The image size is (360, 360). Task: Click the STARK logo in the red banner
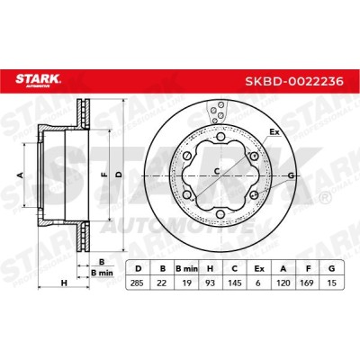(x=38, y=81)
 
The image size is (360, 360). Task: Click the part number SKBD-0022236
(x=294, y=81)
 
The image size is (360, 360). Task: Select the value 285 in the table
(x=138, y=283)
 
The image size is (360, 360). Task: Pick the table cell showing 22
(x=162, y=283)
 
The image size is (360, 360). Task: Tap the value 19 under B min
(x=186, y=283)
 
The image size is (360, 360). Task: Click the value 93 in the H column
(x=211, y=283)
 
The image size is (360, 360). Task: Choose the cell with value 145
(x=235, y=283)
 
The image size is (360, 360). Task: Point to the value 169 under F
(x=307, y=283)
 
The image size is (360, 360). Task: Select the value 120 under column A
(x=283, y=283)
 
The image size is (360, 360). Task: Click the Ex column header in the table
(x=259, y=269)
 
